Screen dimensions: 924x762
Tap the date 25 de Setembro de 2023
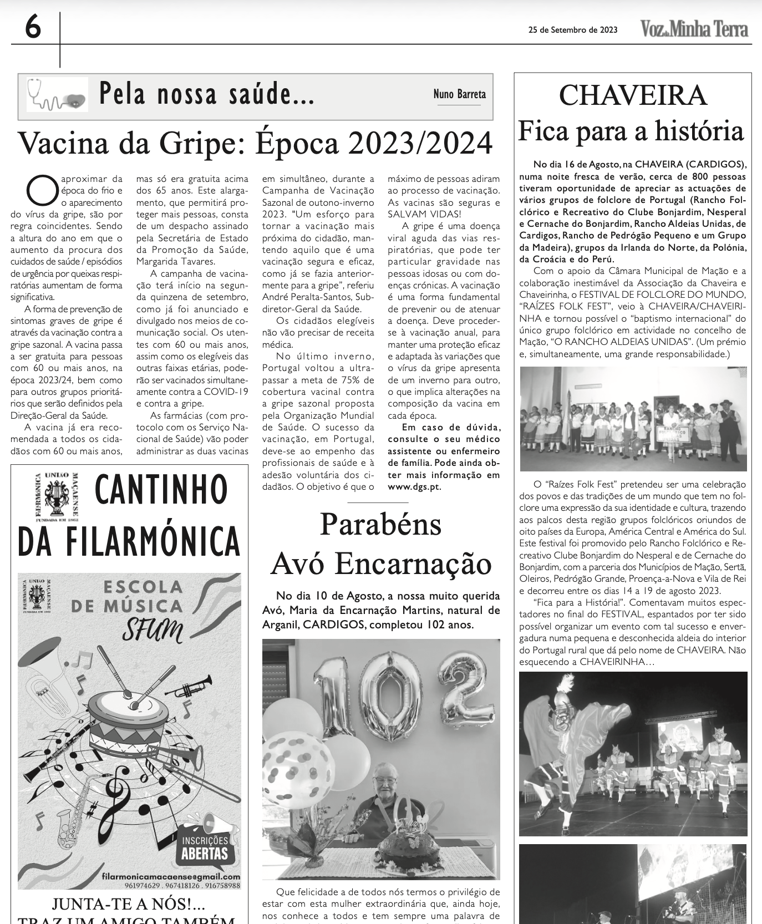tap(573, 30)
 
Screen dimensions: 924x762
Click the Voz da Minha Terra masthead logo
tap(694, 29)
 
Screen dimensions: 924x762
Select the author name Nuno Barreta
tap(459, 94)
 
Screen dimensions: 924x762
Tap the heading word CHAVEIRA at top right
tap(633, 95)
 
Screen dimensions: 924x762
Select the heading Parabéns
tap(380, 524)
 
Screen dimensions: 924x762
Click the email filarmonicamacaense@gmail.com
tap(171, 876)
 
